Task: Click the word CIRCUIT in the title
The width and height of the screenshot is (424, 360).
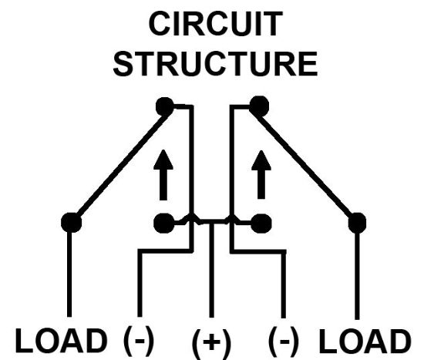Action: [216, 24]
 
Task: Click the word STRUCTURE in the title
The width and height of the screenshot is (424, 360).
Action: [215, 64]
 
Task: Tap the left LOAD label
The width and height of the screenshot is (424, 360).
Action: [61, 341]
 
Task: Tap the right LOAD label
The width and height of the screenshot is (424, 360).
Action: [365, 341]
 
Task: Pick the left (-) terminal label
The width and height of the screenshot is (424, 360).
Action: [139, 340]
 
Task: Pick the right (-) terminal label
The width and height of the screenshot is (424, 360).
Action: [284, 341]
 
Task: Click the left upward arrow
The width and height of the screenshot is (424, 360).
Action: [163, 175]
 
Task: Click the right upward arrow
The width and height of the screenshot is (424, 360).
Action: [261, 174]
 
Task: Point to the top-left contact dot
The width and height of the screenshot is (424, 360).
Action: [165, 106]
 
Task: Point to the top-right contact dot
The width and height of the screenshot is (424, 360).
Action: [259, 106]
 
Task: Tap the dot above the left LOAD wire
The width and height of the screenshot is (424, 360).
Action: [72, 223]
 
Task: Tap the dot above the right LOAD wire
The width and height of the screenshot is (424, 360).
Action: [357, 223]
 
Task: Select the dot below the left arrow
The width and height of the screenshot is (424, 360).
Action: [164, 223]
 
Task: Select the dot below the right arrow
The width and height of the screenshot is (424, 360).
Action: [261, 224]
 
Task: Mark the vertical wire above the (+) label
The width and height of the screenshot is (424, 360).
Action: [211, 270]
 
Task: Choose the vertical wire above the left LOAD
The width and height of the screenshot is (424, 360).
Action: [69, 274]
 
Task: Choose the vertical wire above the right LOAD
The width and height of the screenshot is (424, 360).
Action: [357, 275]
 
